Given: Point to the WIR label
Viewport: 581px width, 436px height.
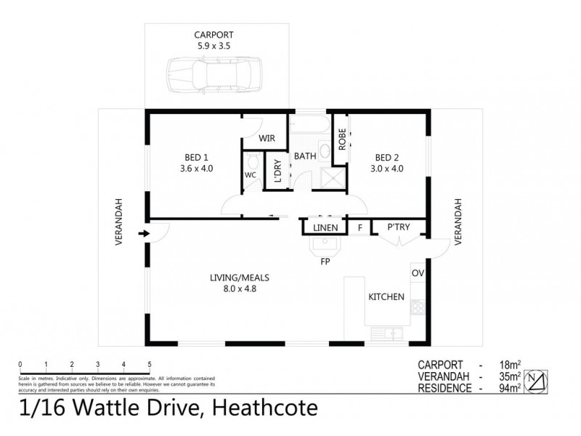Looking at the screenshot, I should coord(267,137).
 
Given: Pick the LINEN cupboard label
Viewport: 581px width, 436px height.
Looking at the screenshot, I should coord(325,228).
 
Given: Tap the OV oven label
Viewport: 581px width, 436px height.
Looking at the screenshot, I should coord(417,273).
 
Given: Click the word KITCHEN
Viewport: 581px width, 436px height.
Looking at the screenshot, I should coord(386,296).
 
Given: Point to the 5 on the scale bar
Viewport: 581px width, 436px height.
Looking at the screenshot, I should coord(149,364).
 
